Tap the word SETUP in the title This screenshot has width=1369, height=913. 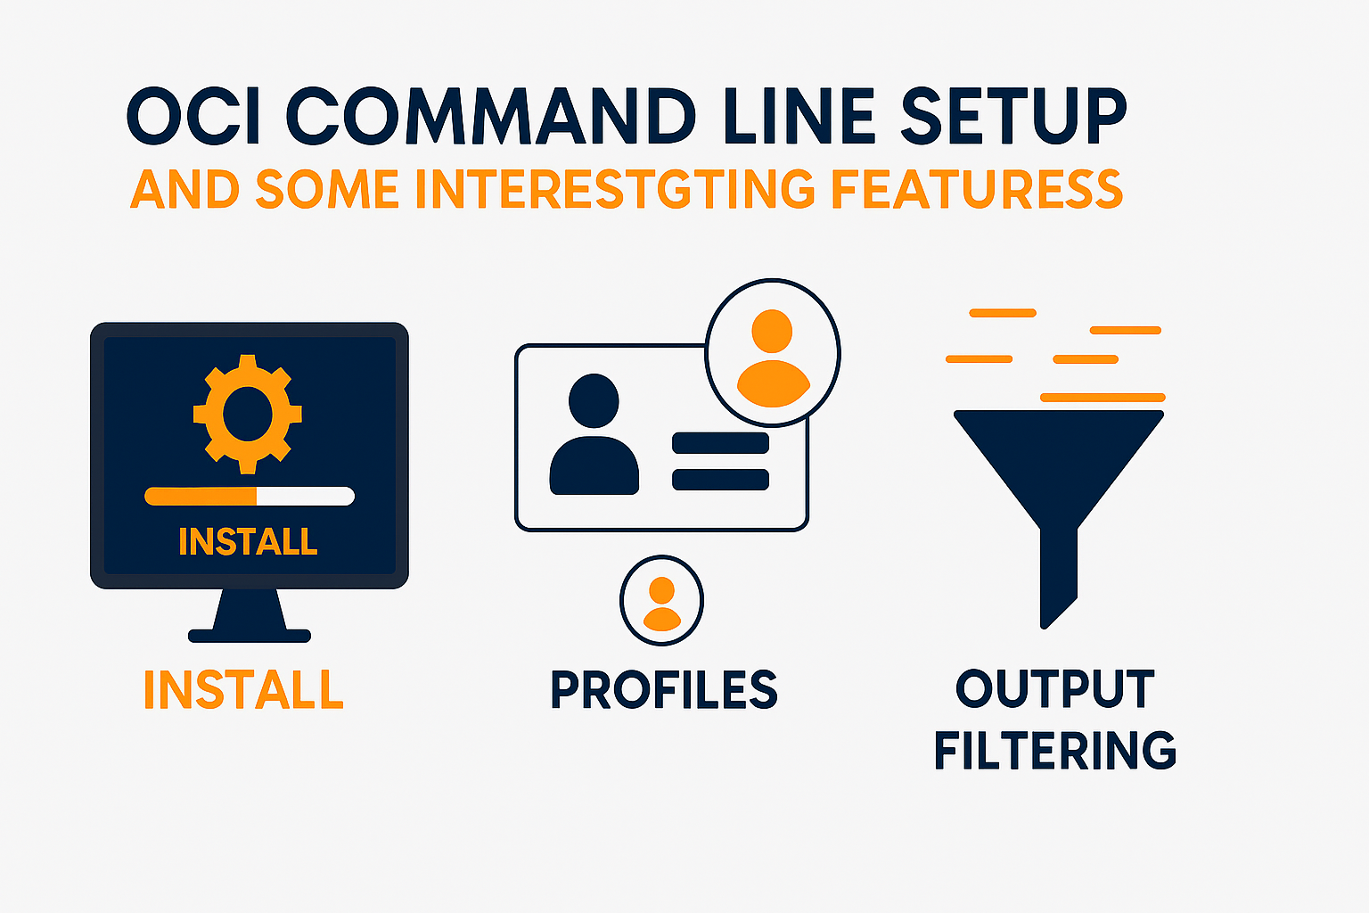tap(1013, 117)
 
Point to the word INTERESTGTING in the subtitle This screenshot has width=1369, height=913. tap(615, 189)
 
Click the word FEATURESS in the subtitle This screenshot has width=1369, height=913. tap(976, 189)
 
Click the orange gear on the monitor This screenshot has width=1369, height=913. tap(247, 414)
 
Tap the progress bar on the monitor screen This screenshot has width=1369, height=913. tap(250, 497)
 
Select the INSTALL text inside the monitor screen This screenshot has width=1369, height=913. tap(248, 542)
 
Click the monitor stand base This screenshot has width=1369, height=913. tap(250, 636)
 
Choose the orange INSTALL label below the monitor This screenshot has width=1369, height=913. tap(243, 690)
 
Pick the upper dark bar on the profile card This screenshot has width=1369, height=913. tap(720, 443)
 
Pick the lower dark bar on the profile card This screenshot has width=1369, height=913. tap(720, 480)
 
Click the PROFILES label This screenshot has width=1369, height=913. tap(664, 690)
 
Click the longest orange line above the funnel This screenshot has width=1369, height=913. tap(1103, 398)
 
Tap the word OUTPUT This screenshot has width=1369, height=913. tap(1055, 690)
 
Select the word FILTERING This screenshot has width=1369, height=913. tap(1055, 751)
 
